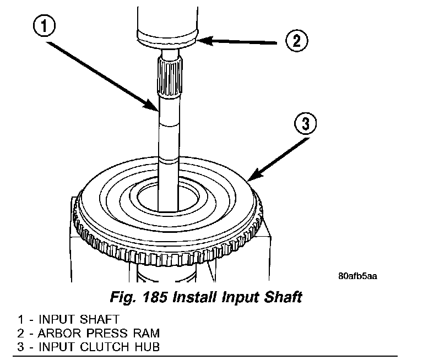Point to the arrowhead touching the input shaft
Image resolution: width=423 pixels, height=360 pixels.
pos(156,108)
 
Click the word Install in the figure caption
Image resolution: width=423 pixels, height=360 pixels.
pos(195,298)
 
